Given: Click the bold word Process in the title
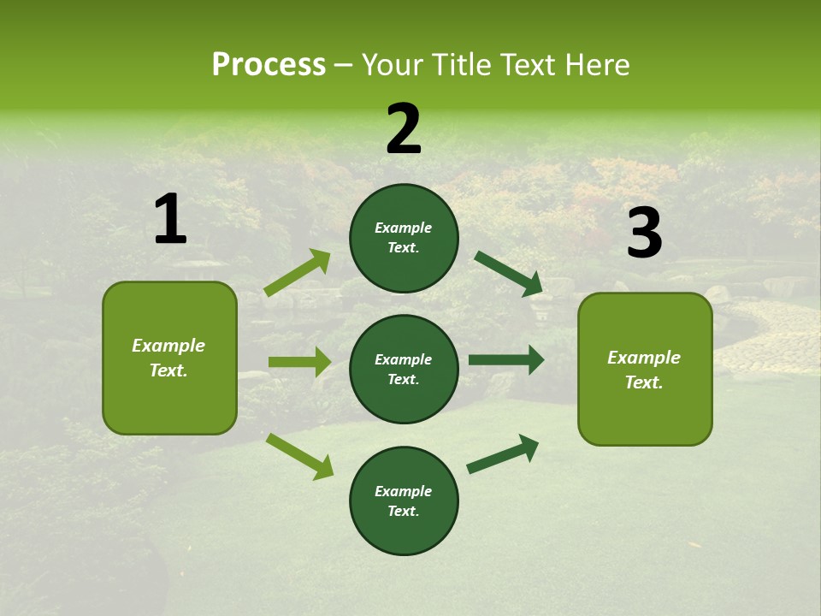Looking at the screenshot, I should [269, 65].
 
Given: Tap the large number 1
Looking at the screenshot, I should [170, 220].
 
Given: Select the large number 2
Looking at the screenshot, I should [404, 129].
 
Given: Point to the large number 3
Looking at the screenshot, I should [644, 234].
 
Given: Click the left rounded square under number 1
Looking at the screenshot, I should [169, 358].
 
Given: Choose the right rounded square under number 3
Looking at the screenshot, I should [645, 370].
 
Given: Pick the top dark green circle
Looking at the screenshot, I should [404, 238].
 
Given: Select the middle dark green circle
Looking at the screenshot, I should [404, 369].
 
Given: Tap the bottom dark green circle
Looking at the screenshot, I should [404, 500].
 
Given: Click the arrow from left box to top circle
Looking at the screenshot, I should [298, 273].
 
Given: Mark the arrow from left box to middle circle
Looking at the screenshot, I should [299, 362].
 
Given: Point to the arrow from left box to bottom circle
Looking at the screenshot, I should [300, 456].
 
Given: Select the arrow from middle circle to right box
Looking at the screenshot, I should [506, 360].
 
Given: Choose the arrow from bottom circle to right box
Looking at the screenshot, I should [503, 453].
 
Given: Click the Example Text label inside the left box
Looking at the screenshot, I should [168, 358].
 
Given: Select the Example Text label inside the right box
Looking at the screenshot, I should [644, 370].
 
